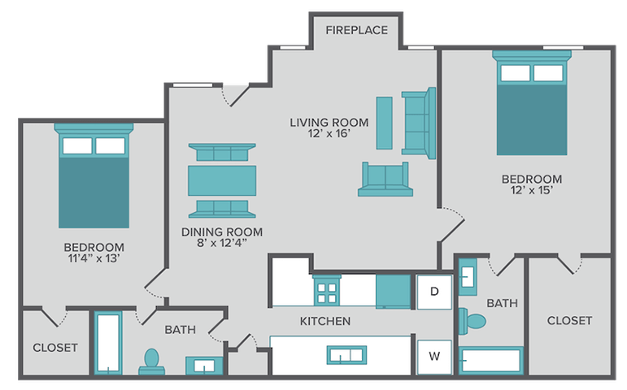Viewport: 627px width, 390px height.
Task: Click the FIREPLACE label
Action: click(x=356, y=31)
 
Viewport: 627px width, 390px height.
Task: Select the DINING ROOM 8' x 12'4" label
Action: click(x=222, y=236)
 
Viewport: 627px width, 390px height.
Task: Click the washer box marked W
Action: click(x=434, y=355)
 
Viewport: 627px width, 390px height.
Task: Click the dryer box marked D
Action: click(x=434, y=291)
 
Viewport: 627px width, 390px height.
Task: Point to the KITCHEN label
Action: click(x=325, y=321)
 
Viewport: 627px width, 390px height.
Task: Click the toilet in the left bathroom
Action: click(x=151, y=360)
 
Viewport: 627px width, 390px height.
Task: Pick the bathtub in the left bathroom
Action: click(x=107, y=342)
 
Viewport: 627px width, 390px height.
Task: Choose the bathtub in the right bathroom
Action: click(x=490, y=360)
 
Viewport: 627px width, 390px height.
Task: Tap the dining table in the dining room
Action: click(x=222, y=180)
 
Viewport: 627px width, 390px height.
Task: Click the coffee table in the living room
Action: click(x=385, y=123)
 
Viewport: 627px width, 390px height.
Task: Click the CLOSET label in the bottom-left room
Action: click(x=55, y=348)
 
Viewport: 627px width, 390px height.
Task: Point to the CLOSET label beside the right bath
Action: click(x=569, y=321)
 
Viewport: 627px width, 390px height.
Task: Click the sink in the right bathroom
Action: click(x=468, y=276)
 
